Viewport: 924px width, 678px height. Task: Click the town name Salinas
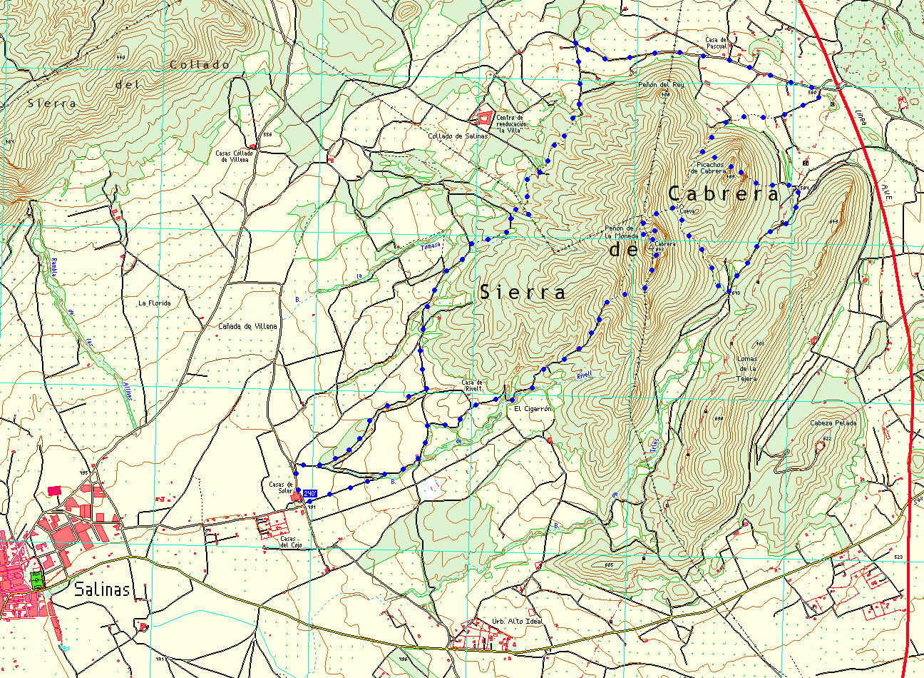pos(103,590)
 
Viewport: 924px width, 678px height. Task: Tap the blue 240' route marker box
pos(310,493)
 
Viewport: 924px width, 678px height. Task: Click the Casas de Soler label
pos(282,487)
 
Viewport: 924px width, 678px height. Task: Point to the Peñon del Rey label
pos(661,85)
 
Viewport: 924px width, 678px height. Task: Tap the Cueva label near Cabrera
pos(687,211)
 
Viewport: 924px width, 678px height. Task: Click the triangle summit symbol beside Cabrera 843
pos(652,244)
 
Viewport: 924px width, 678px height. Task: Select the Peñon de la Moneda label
pos(619,232)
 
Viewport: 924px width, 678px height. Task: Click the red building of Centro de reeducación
pos(485,116)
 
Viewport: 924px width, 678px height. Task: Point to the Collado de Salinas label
pos(458,136)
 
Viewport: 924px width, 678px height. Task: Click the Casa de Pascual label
pos(716,43)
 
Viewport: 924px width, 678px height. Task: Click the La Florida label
pos(155,303)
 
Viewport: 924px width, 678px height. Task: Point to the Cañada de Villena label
pos(247,326)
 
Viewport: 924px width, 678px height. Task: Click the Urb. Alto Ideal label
pos(518,621)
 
